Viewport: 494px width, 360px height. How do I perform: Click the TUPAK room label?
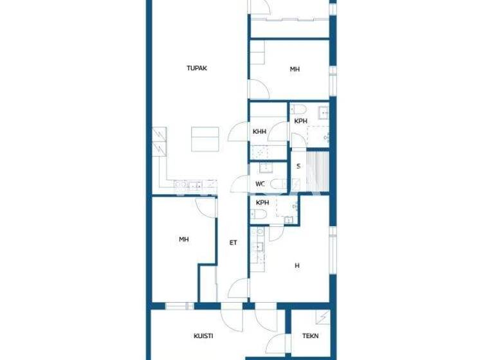click(x=196, y=68)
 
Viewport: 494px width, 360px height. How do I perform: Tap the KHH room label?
click(x=260, y=132)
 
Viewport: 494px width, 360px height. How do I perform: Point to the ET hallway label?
click(x=234, y=242)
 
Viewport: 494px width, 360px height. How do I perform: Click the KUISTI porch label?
click(x=203, y=336)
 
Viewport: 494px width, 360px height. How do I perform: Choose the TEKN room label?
click(x=311, y=336)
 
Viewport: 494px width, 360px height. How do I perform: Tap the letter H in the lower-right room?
click(x=297, y=265)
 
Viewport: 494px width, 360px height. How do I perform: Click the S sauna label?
click(x=298, y=166)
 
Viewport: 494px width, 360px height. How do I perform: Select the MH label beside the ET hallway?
click(x=184, y=240)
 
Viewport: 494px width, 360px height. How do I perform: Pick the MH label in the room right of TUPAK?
click(x=295, y=69)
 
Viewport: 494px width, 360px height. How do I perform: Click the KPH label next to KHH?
click(x=300, y=121)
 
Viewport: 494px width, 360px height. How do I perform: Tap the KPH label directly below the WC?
click(x=262, y=203)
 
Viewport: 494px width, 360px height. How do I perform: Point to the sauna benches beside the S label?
click(x=318, y=170)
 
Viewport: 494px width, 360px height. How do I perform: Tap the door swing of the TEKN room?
click(x=276, y=342)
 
